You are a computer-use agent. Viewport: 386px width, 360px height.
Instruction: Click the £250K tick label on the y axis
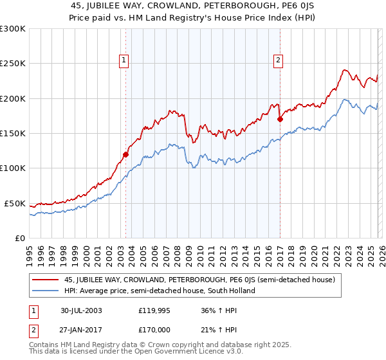13,64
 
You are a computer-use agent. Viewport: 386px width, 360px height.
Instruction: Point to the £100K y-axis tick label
13,168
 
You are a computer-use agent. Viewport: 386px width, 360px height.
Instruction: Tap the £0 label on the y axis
20,238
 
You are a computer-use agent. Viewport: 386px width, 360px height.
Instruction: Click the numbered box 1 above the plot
123,60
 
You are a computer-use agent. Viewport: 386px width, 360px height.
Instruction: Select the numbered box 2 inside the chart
278,60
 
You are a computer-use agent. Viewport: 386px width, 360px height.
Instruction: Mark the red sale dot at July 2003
126,154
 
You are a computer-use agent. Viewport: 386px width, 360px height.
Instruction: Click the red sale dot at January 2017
280,119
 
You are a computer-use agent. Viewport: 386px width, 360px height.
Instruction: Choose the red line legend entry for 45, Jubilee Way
199,280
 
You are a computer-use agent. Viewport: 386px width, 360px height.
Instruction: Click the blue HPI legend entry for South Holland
160,291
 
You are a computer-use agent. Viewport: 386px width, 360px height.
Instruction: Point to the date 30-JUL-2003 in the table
81,310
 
